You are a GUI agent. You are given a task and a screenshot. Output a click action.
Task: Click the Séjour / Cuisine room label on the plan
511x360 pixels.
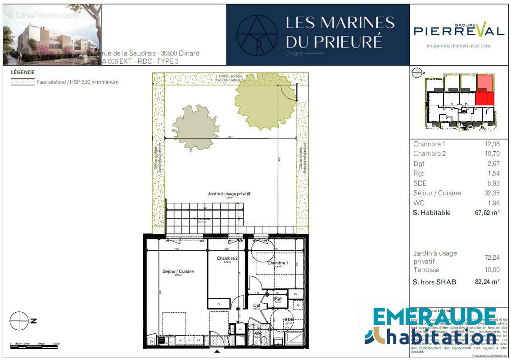[x=178, y=271]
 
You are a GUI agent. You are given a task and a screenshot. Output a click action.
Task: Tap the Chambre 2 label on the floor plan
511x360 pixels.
[x=227, y=258]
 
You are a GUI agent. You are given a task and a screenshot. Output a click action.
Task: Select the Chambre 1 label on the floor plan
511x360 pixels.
[x=278, y=263]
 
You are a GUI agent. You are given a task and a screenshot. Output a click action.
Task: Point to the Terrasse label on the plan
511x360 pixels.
[x=202, y=219]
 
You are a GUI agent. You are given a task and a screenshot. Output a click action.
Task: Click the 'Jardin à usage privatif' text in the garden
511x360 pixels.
[x=229, y=193]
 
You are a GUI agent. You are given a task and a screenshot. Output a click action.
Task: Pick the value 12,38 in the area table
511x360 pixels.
[x=490, y=144]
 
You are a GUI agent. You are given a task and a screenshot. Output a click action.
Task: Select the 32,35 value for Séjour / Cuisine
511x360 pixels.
[x=490, y=193]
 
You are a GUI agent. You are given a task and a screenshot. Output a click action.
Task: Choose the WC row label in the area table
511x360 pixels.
[x=419, y=203]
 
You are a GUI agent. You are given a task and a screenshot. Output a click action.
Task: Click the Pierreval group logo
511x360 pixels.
[x=458, y=31]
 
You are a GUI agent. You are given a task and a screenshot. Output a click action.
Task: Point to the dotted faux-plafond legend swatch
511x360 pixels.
[x=23, y=82]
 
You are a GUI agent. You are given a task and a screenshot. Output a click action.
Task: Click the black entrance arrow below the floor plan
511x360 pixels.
[x=217, y=351]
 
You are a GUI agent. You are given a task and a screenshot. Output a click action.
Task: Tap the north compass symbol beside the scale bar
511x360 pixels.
[x=19, y=321]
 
